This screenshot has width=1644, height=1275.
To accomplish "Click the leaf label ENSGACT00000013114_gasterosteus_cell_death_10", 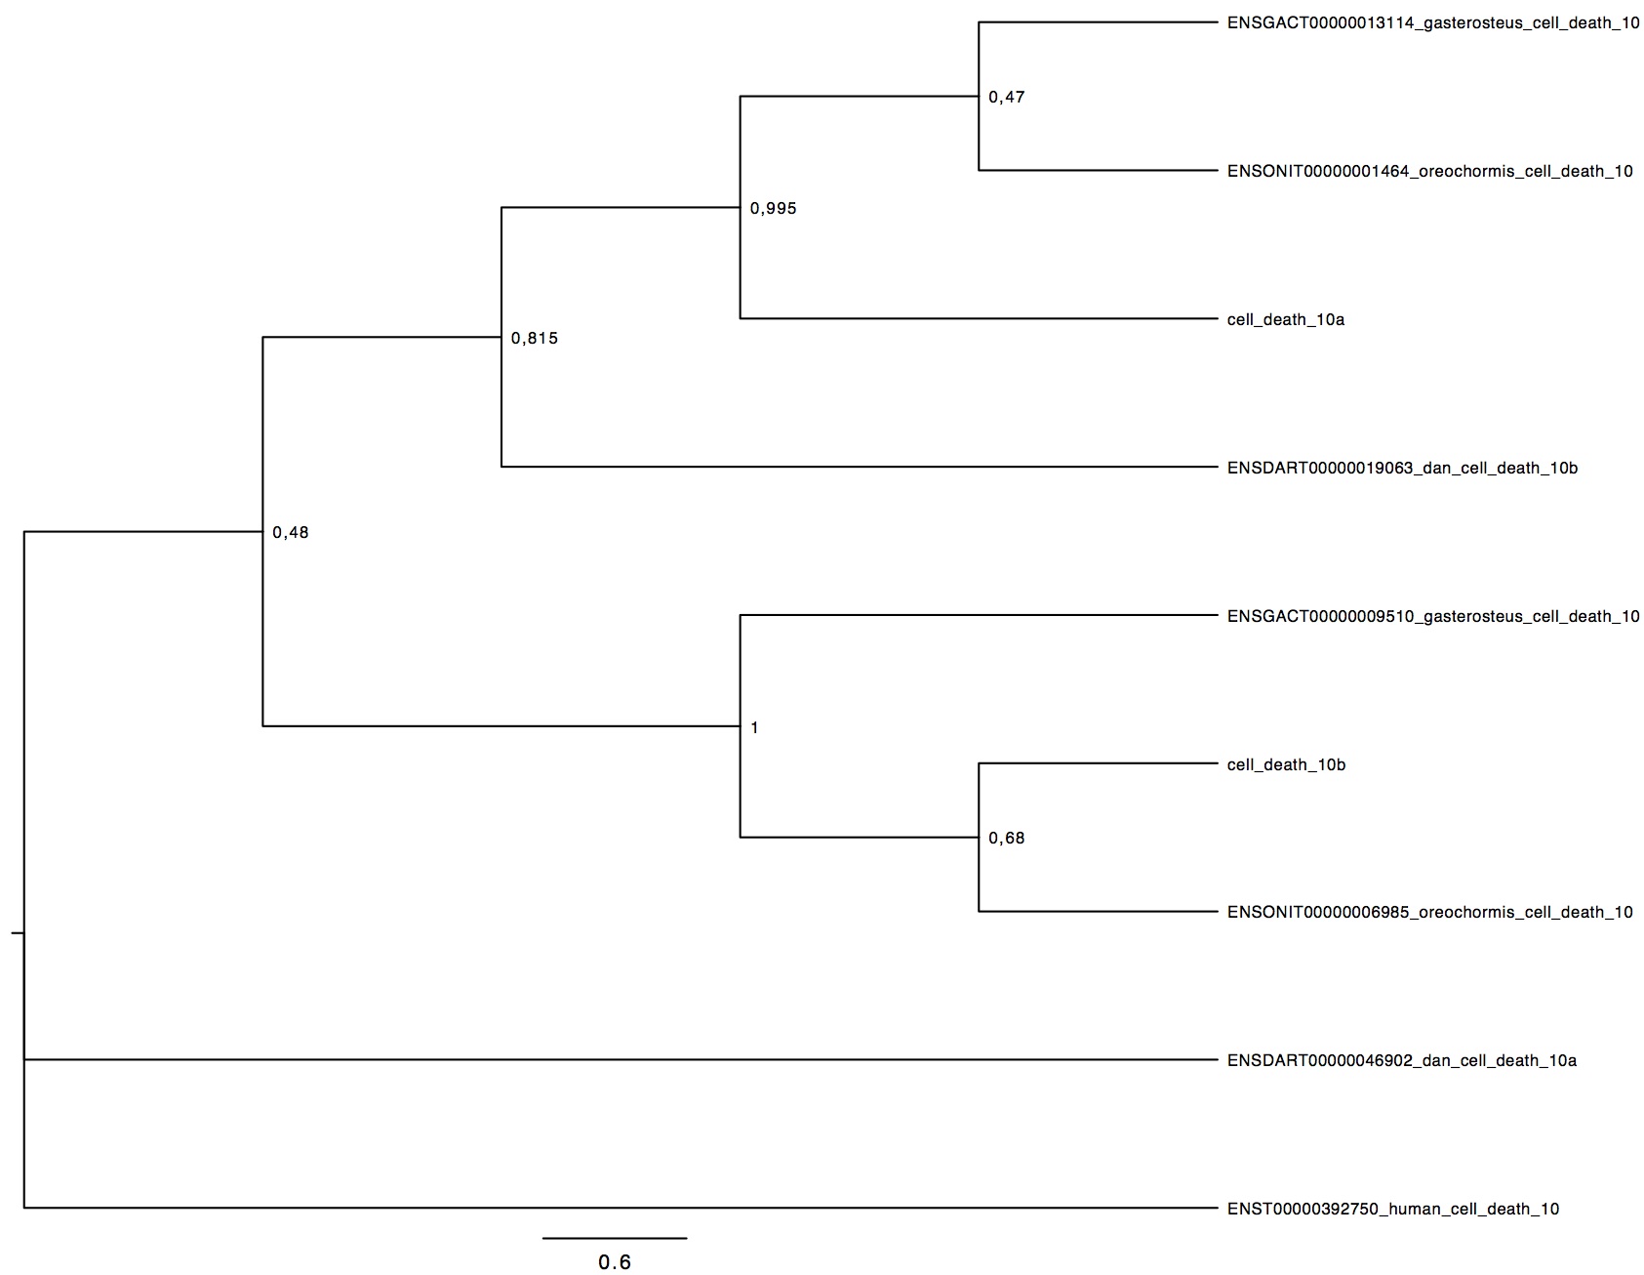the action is tap(1433, 23).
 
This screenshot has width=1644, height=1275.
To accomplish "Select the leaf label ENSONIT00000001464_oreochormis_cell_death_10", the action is tap(1430, 172).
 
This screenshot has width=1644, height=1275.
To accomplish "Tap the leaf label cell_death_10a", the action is tap(1286, 319).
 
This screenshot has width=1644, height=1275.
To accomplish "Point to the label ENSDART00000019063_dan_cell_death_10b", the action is tap(1402, 468).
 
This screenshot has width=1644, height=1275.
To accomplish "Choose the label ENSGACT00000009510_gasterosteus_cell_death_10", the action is tap(1433, 616).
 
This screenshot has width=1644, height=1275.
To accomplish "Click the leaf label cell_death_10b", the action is tap(1286, 764).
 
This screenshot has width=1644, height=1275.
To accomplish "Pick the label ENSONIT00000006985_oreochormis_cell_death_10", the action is tap(1430, 912).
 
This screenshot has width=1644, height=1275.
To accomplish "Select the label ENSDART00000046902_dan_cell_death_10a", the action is tap(1402, 1060).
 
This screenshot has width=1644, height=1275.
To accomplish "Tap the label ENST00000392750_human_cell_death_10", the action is tap(1393, 1209).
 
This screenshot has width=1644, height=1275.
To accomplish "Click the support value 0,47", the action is tap(1007, 98).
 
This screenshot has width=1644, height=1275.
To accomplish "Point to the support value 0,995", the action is tap(773, 208).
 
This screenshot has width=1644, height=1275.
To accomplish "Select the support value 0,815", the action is tap(535, 339).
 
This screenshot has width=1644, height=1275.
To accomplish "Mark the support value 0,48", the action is tap(291, 532).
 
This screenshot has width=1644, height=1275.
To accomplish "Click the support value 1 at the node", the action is tap(754, 727).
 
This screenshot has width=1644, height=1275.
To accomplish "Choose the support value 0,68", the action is tap(1007, 838).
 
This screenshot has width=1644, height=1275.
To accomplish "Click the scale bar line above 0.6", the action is tap(615, 1238).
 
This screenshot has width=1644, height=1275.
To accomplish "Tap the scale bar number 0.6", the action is tap(615, 1262).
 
